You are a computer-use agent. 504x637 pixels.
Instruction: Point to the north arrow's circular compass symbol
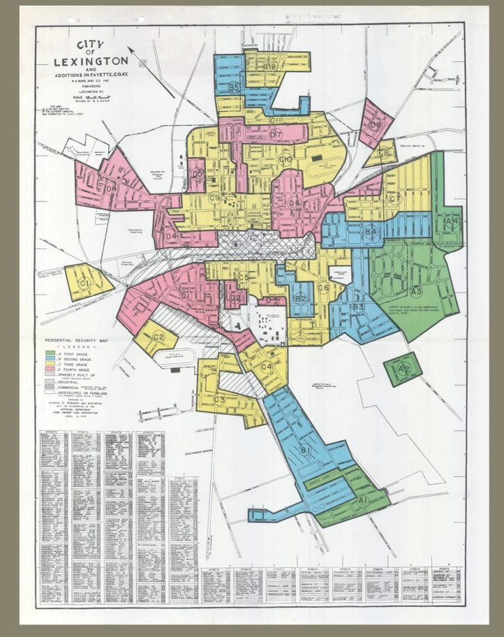point(144,63)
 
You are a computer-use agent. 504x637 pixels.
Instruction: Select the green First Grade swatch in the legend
point(50,353)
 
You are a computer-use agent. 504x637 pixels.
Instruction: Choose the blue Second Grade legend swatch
point(50,358)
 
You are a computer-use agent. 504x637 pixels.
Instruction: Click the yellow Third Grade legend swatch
point(50,364)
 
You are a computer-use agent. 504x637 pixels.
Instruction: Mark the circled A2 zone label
point(404,369)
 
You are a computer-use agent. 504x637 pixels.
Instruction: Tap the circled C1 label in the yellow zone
point(84,283)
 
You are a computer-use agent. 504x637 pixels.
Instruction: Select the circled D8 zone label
point(375,125)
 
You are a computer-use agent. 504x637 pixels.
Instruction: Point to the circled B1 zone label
point(305,450)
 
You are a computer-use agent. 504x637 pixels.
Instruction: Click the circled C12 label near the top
point(270,66)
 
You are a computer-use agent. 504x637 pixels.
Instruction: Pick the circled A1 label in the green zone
point(362,500)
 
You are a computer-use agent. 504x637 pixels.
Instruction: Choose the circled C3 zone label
point(219,400)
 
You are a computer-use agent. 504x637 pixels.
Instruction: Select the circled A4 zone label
point(451,221)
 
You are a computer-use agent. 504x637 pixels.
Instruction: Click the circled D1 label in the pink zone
point(185,296)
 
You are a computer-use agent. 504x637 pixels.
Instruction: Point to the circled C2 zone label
point(158,337)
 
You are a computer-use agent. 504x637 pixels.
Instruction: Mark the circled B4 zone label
point(370,231)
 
